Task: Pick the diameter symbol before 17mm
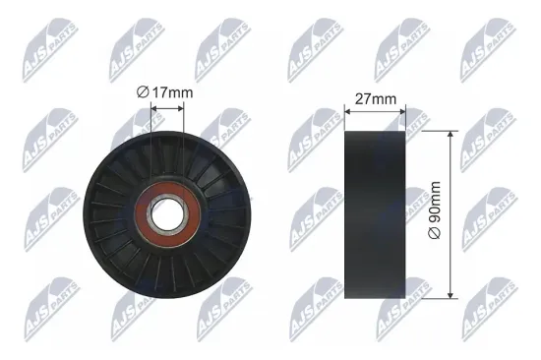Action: [143, 92]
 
